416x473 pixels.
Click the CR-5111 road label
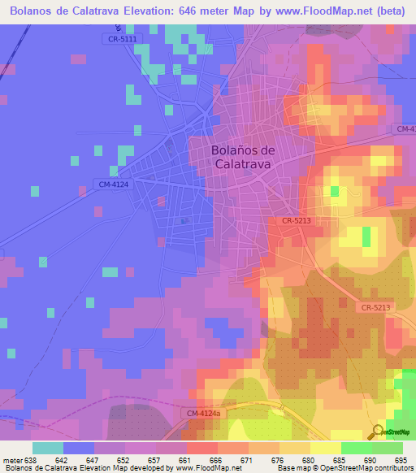tap(123, 39)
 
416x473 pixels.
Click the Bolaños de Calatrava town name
tap(244, 156)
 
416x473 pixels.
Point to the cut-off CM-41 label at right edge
tap(405, 129)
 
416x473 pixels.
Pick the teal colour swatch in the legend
tap(48, 448)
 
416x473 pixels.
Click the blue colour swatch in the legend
tap(79, 448)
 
